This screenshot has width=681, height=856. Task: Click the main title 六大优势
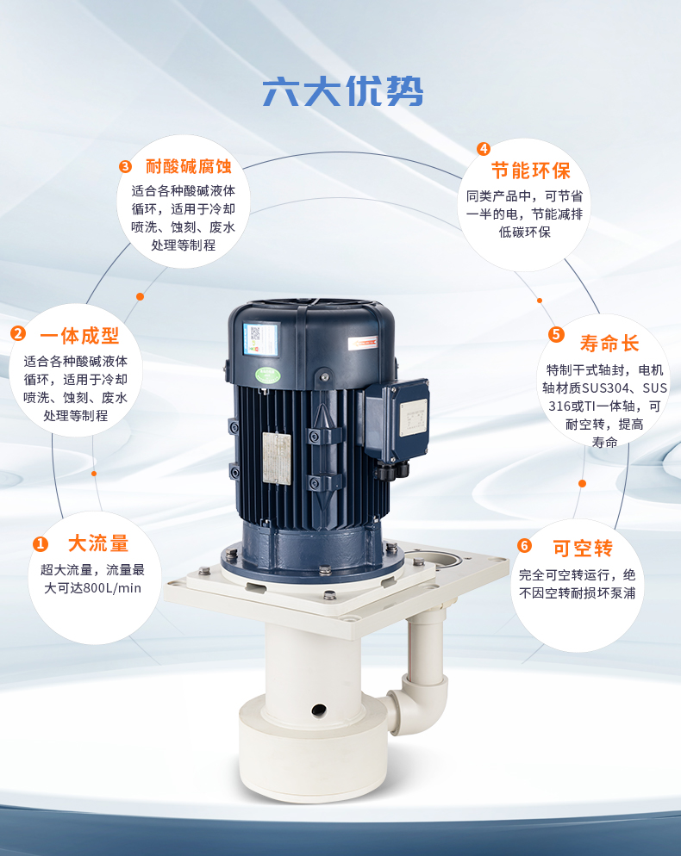(343, 91)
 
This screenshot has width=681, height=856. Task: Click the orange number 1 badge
(41, 543)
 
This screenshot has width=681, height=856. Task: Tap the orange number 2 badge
(18, 333)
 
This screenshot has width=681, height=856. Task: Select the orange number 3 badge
(125, 166)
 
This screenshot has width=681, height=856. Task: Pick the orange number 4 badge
(483, 148)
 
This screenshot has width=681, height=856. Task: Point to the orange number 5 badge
(556, 334)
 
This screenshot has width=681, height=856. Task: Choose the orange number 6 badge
(524, 545)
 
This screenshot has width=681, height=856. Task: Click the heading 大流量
(98, 543)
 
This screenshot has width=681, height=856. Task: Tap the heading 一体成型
(79, 336)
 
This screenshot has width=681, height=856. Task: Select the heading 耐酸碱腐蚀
(189, 166)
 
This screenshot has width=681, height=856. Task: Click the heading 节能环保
(531, 171)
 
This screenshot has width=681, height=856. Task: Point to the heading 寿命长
(609, 344)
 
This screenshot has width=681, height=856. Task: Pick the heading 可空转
(583, 548)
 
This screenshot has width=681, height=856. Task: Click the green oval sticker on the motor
(268, 375)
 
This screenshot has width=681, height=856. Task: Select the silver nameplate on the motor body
(277, 458)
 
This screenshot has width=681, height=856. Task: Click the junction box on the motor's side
(397, 419)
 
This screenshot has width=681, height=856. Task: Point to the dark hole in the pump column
(319, 710)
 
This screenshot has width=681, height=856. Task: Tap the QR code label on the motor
(260, 339)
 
